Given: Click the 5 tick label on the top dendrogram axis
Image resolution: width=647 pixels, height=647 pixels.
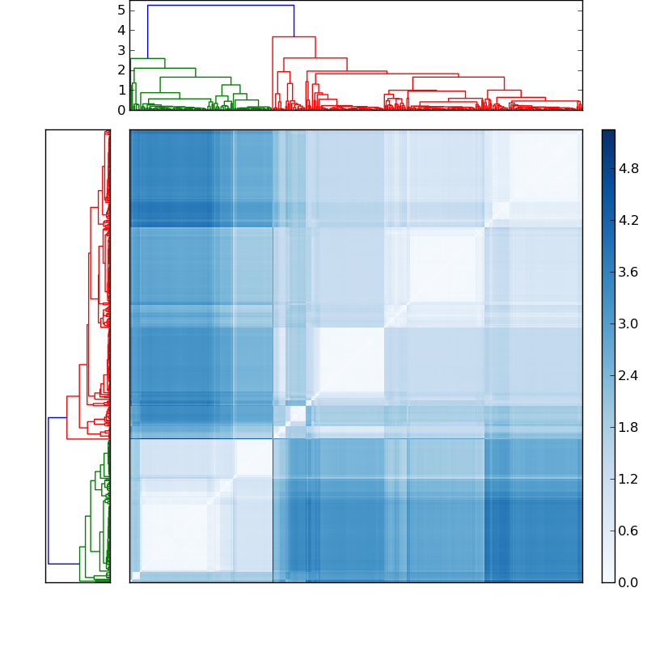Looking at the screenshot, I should [x=121, y=10].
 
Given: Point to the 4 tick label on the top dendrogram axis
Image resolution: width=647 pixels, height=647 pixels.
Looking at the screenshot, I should [x=121, y=30].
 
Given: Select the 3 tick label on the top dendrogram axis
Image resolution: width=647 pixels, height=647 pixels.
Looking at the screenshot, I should [x=121, y=50].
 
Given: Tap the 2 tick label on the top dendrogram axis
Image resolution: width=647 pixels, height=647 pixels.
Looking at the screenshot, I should [x=121, y=70].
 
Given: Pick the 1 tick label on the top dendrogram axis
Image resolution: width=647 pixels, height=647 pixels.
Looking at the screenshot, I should [x=121, y=90].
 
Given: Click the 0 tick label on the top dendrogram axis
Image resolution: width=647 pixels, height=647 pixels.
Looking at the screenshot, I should [x=121, y=110].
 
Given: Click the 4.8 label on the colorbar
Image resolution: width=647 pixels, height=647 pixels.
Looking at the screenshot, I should [x=629, y=168].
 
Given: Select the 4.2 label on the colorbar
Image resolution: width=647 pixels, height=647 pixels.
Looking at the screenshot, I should [x=629, y=220].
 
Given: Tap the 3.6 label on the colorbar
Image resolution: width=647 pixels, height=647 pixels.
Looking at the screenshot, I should [x=629, y=272].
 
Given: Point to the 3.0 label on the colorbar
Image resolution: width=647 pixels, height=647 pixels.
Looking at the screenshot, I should [x=629, y=323].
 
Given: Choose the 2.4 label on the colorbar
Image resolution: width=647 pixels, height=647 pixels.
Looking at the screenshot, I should [x=629, y=375].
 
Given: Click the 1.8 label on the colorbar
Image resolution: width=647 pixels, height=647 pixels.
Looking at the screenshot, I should [x=629, y=427].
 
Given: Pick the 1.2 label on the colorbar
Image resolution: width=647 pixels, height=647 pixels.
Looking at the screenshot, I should [x=629, y=479].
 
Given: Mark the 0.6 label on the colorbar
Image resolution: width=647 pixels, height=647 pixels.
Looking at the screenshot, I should [x=629, y=531].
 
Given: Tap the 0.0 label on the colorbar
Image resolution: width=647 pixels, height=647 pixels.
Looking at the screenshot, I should [x=629, y=582].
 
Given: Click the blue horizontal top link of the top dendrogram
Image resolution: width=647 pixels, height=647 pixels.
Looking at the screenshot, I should [x=220, y=6].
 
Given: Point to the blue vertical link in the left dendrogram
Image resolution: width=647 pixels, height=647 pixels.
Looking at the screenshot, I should [x=49, y=490].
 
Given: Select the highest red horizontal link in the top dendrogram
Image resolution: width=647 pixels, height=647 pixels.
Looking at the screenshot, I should [x=294, y=36].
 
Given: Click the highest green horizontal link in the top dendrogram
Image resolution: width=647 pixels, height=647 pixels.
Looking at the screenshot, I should [x=147, y=58].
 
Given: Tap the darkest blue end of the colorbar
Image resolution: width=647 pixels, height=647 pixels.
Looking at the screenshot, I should [x=608, y=133].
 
